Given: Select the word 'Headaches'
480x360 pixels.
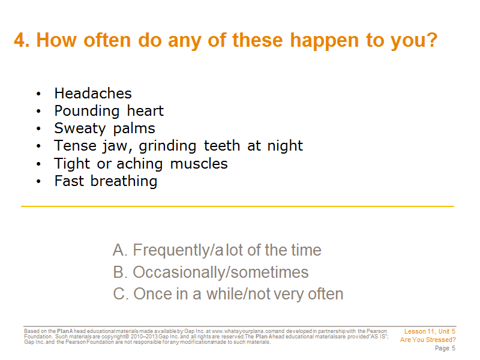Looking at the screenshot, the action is point(93,94).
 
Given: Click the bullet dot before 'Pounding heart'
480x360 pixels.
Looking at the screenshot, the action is point(38,111).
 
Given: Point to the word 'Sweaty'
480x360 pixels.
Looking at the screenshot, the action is point(80,129).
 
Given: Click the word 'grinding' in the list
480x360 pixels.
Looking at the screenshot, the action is point(167,146).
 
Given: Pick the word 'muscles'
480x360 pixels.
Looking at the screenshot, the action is point(199,164).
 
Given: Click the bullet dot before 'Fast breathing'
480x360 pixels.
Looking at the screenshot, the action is point(38,181).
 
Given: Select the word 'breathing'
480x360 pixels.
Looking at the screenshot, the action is point(124,182).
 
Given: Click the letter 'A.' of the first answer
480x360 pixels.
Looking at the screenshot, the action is point(119,250).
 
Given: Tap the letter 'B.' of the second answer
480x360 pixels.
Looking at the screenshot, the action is point(120,272).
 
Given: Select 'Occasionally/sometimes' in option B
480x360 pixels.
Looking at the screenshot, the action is point(221,272).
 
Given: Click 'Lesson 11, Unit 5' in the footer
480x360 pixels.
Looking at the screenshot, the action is point(430,331).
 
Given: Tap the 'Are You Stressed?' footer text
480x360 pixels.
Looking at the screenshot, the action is point(428,340).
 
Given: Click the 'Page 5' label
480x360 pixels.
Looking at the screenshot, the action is point(445,348).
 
